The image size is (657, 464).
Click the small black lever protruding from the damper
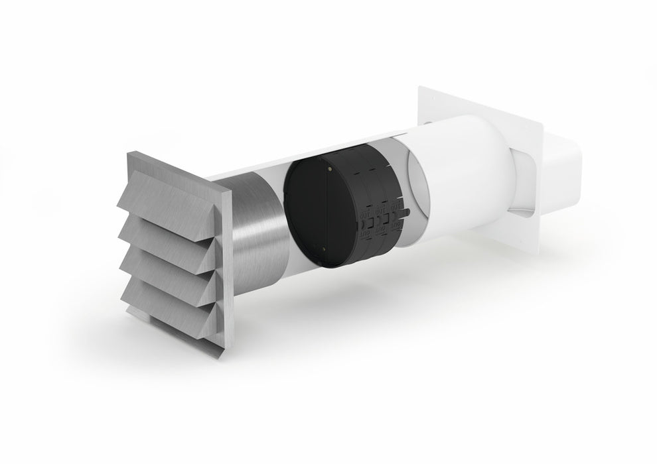(407, 214)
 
